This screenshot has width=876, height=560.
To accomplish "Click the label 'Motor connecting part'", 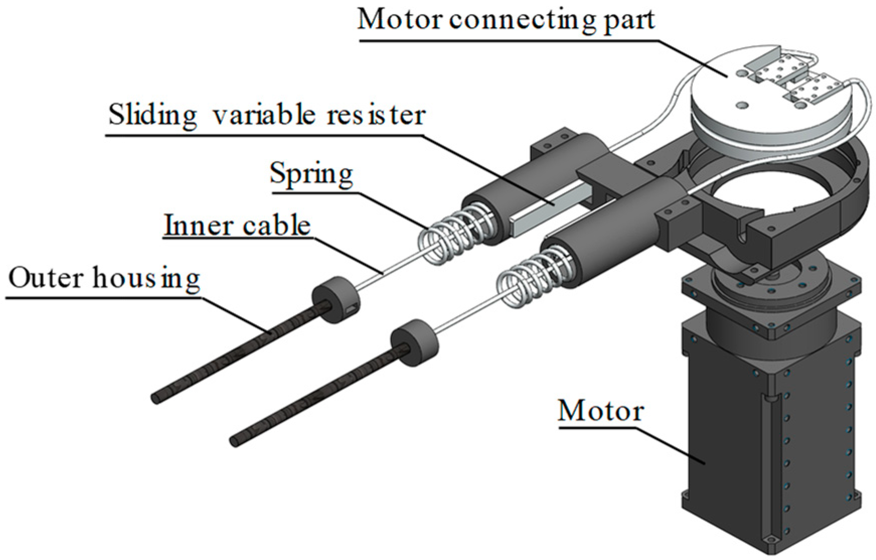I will [506, 20].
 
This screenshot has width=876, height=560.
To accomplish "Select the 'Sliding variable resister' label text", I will [267, 115].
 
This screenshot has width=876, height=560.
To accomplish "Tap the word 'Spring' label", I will [311, 174].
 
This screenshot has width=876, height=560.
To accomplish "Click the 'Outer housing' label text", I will [104, 278].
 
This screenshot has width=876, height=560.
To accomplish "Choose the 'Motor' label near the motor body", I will [600, 411].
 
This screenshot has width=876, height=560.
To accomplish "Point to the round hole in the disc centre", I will [740, 105].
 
